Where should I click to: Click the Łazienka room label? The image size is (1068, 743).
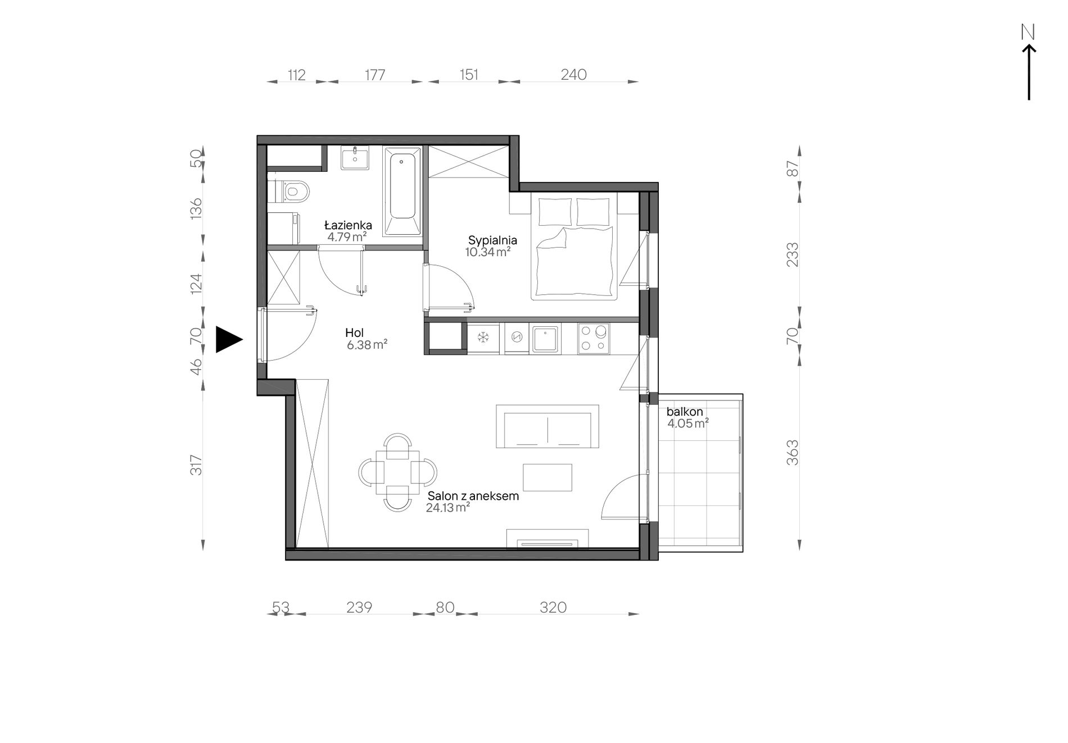(x=348, y=225)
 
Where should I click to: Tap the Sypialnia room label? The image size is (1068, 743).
(x=492, y=240)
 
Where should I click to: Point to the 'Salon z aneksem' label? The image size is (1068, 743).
(x=473, y=496)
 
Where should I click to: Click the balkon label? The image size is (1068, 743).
(x=685, y=412)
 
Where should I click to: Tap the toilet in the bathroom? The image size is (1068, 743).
(x=290, y=192)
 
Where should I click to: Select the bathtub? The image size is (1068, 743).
(x=402, y=191)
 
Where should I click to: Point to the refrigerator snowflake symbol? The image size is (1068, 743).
(x=483, y=338)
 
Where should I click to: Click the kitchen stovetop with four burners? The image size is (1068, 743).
(x=594, y=339)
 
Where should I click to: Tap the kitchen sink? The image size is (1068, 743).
(x=545, y=339)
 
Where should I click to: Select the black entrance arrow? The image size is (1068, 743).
(x=229, y=339)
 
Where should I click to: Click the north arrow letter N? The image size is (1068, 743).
(x=1028, y=33)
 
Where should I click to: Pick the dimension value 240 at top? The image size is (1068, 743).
(x=573, y=74)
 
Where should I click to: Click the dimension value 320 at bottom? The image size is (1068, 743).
(x=553, y=607)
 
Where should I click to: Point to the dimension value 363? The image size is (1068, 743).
(x=792, y=452)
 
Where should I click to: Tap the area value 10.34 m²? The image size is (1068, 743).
(x=487, y=252)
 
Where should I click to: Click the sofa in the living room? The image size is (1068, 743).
(x=547, y=426)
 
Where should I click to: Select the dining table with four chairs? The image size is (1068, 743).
(x=398, y=472)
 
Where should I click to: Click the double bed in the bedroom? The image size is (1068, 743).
(x=574, y=247)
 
